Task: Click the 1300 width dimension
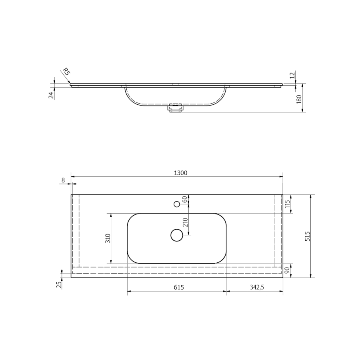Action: pyautogui.click(x=180, y=173)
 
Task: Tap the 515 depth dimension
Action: pyautogui.click(x=307, y=236)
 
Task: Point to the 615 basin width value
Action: pyautogui.click(x=179, y=287)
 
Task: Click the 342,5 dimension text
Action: pyautogui.click(x=257, y=287)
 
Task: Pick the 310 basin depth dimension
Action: pyautogui.click(x=108, y=238)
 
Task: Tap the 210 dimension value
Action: pyautogui.click(x=185, y=222)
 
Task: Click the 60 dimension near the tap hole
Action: pyautogui.click(x=185, y=199)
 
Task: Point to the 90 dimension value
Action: pyautogui.click(x=287, y=270)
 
